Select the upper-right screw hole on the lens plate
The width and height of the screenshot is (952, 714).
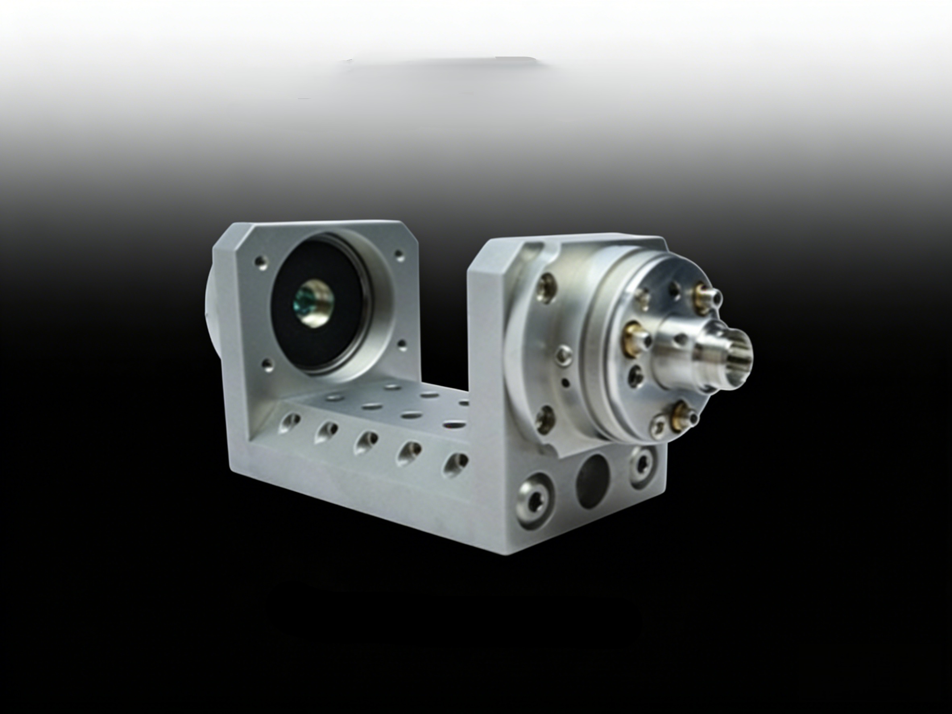pos(399,255)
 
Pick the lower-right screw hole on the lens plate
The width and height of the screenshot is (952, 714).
pos(401,344)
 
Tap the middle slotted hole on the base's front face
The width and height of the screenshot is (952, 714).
pos(366,443)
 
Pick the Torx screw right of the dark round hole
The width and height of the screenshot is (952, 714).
pos(643,468)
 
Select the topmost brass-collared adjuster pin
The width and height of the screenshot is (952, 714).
pos(706,293)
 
